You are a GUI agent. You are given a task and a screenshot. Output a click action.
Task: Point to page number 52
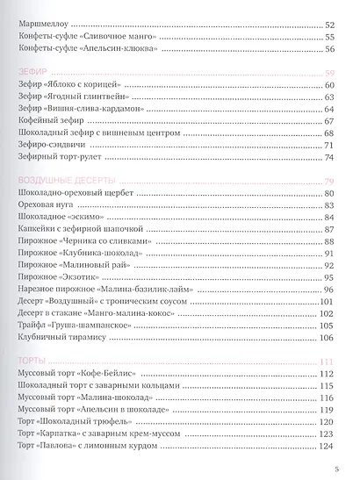[x=330, y=26]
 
